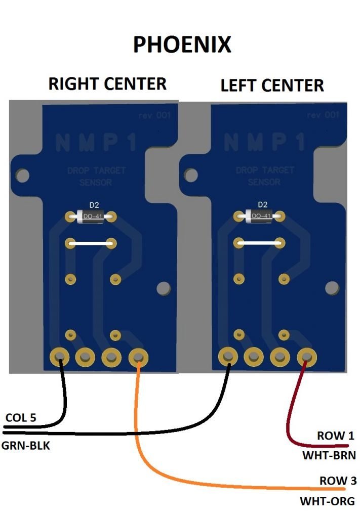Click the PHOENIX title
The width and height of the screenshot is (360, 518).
pyautogui.click(x=182, y=45)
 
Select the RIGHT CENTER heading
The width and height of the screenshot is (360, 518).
pyautogui.click(x=107, y=83)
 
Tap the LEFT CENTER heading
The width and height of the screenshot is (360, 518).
pyautogui.click(x=272, y=85)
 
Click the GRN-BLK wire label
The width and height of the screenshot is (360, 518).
pyautogui.click(x=25, y=447)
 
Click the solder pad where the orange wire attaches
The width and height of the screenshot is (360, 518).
pyautogui.click(x=137, y=358)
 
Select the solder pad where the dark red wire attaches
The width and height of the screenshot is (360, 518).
pyautogui.click(x=306, y=357)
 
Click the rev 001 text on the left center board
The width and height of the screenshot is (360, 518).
pyautogui.click(x=323, y=116)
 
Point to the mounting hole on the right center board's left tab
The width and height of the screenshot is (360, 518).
pyautogui.click(x=22, y=176)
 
